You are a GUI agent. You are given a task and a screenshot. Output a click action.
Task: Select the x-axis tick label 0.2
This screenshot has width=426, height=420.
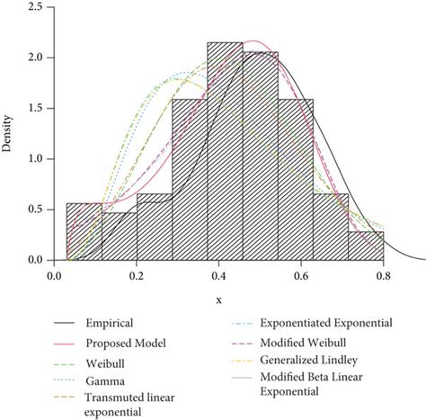137,276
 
